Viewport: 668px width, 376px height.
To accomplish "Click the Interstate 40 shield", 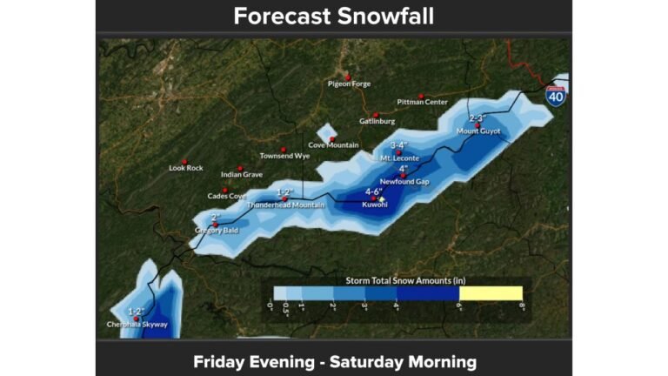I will pos(556,95).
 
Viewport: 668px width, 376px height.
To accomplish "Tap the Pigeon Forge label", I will pos(350,84).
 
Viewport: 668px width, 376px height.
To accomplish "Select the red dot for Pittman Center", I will pos(421,96).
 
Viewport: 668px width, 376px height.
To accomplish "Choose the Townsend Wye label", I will pos(284,156).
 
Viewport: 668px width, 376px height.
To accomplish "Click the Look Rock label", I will pos(185,167).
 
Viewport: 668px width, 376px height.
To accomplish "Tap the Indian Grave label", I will pos(241,174).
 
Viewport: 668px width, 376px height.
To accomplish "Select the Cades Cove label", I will pos(227,196).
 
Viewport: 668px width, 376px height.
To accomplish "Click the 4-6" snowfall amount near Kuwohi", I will pos(374,191).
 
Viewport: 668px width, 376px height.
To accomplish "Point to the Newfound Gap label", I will pos(404,181).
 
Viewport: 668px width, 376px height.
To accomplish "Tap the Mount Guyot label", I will pos(478,131).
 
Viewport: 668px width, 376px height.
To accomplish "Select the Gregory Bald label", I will pos(216,230).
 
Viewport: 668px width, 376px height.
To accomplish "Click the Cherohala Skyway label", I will pos(137,325).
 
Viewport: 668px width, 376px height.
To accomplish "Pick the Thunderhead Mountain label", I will pos(285,205).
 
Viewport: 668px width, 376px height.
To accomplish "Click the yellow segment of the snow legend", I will pos(491,293).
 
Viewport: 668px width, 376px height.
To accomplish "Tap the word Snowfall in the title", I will pos(384,17).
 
